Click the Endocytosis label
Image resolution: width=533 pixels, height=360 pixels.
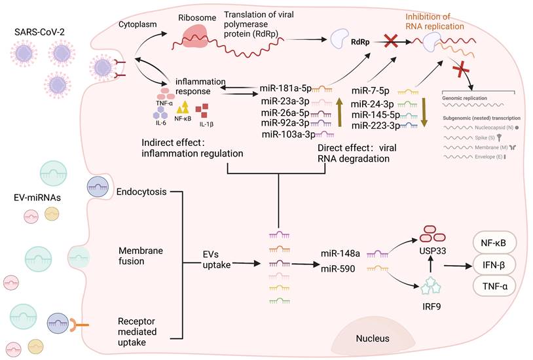click(x=141, y=192)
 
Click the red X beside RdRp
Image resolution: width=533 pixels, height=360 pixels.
click(x=392, y=41)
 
